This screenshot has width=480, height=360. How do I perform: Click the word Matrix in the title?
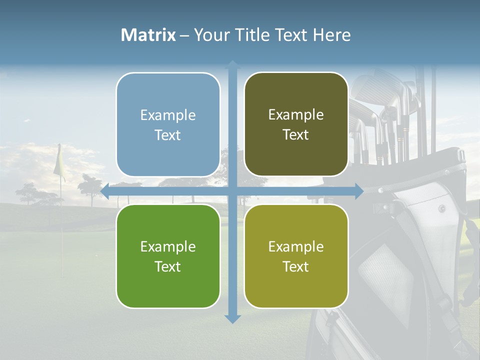point(148,35)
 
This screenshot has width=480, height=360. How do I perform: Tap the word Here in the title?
point(331,35)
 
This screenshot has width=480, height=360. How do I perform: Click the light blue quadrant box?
point(168,125)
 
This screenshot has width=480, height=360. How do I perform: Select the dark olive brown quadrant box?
point(296,124)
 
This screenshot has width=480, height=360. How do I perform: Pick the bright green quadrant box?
point(168,256)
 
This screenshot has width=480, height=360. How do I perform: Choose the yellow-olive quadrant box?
point(296,256)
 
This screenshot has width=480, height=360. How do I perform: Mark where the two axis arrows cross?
point(232,191)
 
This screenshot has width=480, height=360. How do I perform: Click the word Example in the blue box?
point(168,115)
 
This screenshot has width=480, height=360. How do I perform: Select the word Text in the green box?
point(168,266)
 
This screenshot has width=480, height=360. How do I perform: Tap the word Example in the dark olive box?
point(296,114)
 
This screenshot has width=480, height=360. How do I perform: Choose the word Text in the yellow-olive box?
point(296,266)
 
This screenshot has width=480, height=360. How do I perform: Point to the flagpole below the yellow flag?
point(61,225)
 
